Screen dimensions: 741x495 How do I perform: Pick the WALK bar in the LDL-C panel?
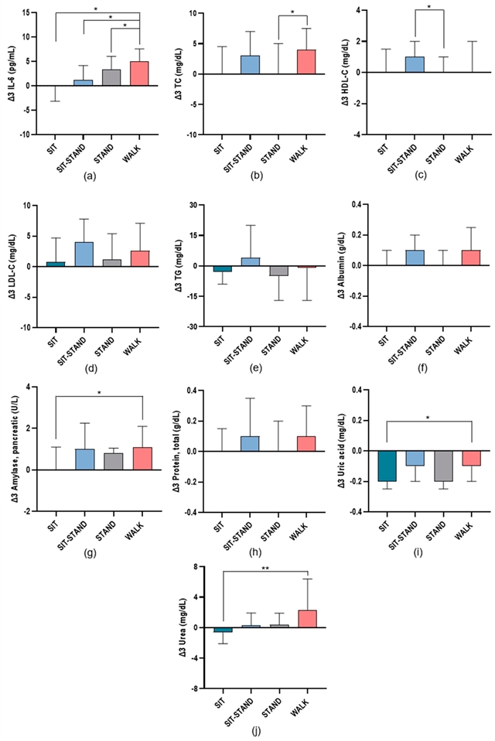pyautogui.click(x=140, y=258)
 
